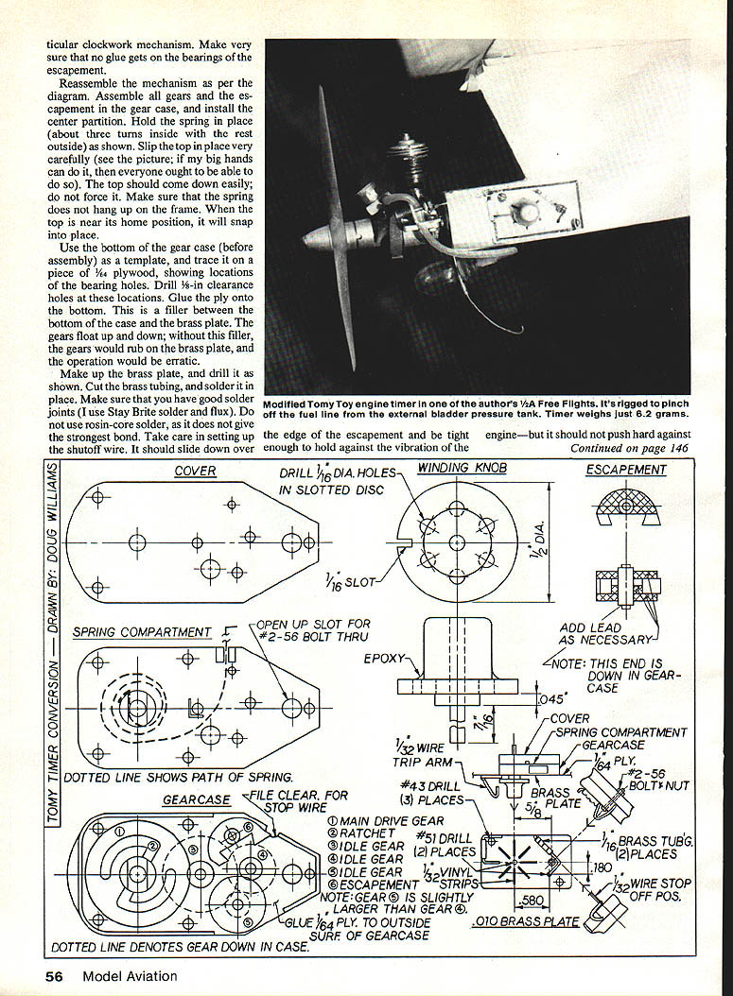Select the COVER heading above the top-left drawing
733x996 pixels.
click(195, 471)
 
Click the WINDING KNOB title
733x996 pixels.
click(456, 468)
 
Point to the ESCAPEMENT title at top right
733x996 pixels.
click(626, 470)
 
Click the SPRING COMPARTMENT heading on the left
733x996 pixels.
click(142, 632)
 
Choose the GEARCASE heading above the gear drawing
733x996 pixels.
click(197, 799)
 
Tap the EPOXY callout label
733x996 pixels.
click(384, 658)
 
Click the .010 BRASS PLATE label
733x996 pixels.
click(525, 921)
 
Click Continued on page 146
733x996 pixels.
click(629, 448)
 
